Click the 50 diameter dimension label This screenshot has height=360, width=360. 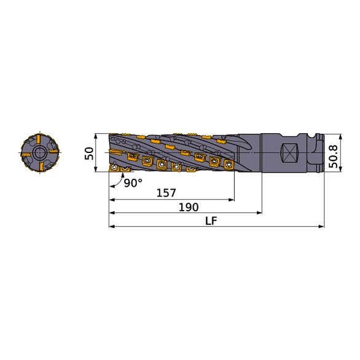(88, 153)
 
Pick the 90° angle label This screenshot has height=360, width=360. (133, 183)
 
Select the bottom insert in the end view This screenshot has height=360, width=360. (40, 167)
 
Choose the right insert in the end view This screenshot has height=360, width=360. (54, 152)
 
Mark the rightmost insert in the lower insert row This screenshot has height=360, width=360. (228, 164)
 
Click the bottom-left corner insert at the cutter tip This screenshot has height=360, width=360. (114, 166)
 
